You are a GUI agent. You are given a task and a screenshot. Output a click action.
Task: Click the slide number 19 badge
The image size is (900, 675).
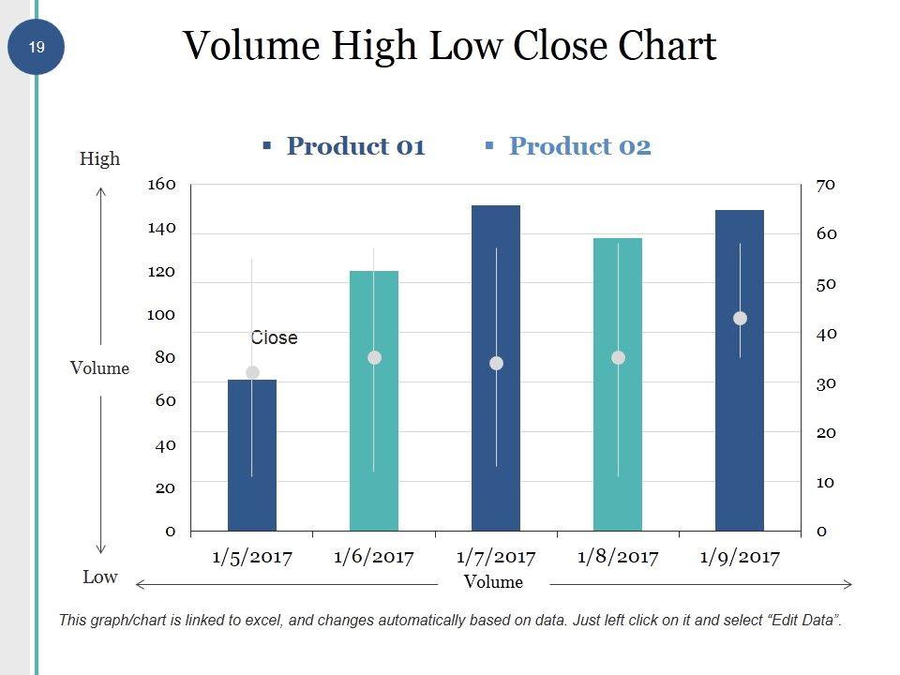click(x=37, y=46)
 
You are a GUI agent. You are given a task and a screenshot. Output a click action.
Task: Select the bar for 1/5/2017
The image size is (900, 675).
click(x=252, y=455)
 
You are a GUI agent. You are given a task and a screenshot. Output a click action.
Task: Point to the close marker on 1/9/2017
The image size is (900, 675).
click(x=740, y=319)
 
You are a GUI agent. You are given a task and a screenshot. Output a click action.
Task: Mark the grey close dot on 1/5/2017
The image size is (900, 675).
click(x=252, y=373)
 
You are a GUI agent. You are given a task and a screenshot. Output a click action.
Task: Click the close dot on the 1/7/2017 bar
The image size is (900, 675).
click(x=496, y=364)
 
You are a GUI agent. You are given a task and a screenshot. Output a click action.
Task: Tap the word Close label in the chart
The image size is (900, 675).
click(x=274, y=337)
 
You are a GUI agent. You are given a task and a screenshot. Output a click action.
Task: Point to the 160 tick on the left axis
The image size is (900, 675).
click(x=161, y=184)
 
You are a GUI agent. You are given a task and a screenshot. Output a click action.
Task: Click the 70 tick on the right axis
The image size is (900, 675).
click(x=825, y=185)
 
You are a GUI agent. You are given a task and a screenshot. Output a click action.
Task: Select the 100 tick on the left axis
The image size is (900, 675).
click(x=161, y=314)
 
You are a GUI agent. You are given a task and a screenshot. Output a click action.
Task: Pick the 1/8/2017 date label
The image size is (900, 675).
click(x=618, y=557)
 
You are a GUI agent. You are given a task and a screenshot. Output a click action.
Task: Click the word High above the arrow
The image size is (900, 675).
click(x=99, y=158)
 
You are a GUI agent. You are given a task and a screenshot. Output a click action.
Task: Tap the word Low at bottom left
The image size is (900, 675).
click(x=99, y=577)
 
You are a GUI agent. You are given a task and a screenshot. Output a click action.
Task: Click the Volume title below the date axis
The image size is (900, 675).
click(x=493, y=582)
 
